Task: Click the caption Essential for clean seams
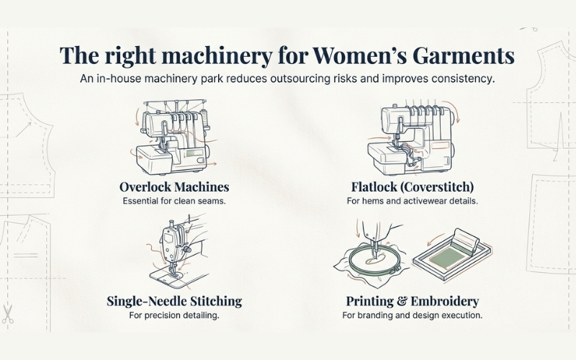point(174,201)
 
